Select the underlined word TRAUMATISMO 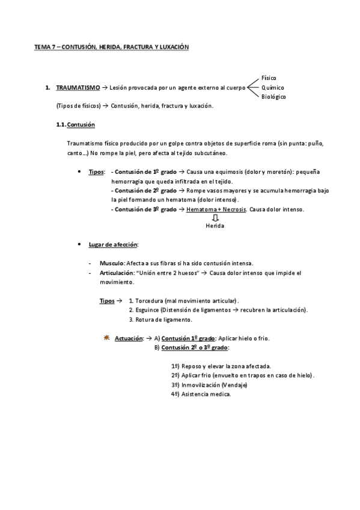[78, 88]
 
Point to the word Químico [273, 88]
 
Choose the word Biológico [273, 97]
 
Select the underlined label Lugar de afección [114, 244]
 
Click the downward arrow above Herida [215, 218]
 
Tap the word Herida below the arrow [215, 226]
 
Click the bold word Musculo [111, 263]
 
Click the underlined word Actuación [129, 339]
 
